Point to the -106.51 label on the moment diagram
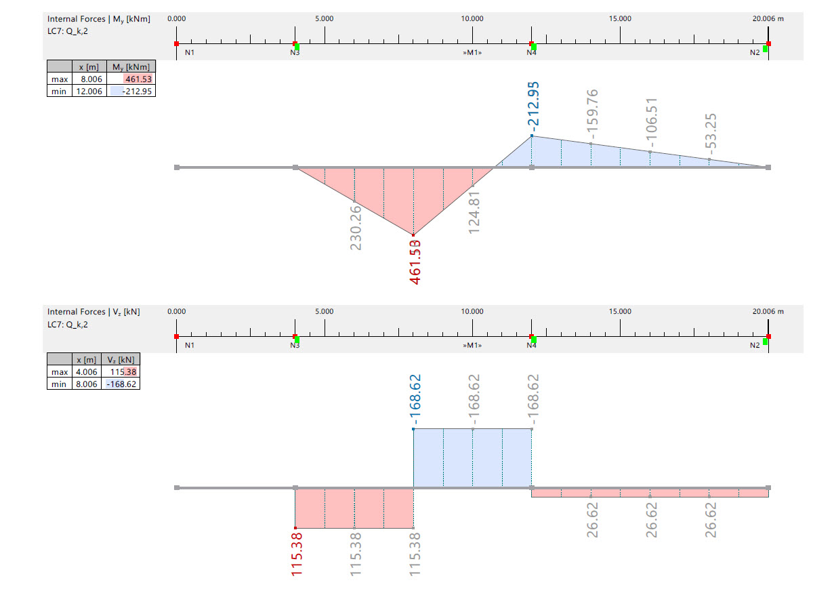point(652,123)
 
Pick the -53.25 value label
point(711,131)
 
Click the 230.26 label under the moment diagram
point(356,225)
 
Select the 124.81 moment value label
point(474,212)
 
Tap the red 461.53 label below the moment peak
point(415,262)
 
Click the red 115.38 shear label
point(296,555)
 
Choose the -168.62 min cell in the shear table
point(122,384)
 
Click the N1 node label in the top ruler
point(190,52)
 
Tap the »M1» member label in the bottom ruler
point(472,345)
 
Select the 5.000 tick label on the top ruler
point(325,19)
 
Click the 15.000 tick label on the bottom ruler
point(620,312)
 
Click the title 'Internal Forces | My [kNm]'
point(99,19)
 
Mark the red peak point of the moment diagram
point(413,235)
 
